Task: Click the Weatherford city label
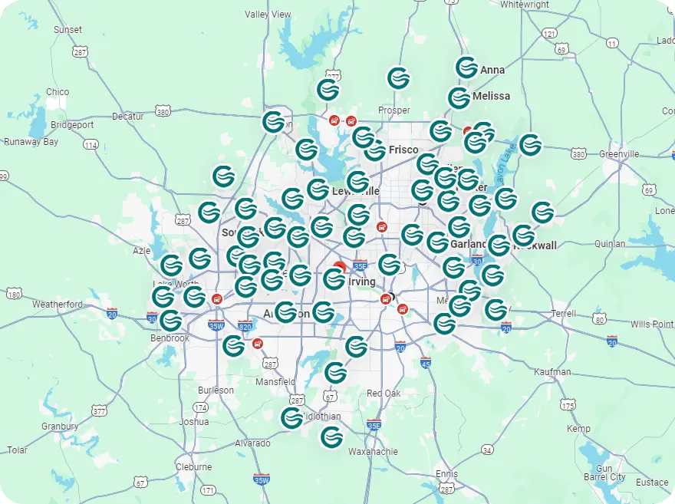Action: pyautogui.click(x=58, y=305)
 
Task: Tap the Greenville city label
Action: pyautogui.click(x=619, y=154)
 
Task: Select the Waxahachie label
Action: pyautogui.click(x=373, y=452)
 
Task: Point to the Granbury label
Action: pyautogui.click(x=60, y=427)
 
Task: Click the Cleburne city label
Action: pyautogui.click(x=193, y=466)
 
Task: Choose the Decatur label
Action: pyautogui.click(x=128, y=117)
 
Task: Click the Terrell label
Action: pyautogui.click(x=564, y=314)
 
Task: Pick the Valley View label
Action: pyautogui.click(x=268, y=15)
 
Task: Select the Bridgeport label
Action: pyautogui.click(x=72, y=125)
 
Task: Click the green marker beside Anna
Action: pyautogui.click(x=466, y=67)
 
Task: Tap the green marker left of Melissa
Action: pyautogui.click(x=459, y=98)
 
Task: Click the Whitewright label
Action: pyautogui.click(x=525, y=5)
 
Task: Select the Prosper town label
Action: pyautogui.click(x=394, y=110)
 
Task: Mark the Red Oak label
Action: pyautogui.click(x=384, y=394)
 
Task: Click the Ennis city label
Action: pyautogui.click(x=446, y=474)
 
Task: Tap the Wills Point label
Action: pyautogui.click(x=652, y=324)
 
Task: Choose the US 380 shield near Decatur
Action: pyautogui.click(x=162, y=112)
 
